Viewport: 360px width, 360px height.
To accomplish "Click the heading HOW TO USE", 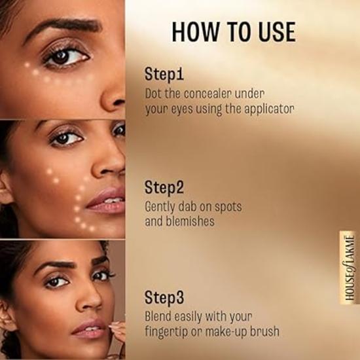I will [233, 32].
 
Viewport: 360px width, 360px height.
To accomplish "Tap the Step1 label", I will [166, 75].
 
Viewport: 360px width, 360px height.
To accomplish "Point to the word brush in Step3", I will [266, 331].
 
